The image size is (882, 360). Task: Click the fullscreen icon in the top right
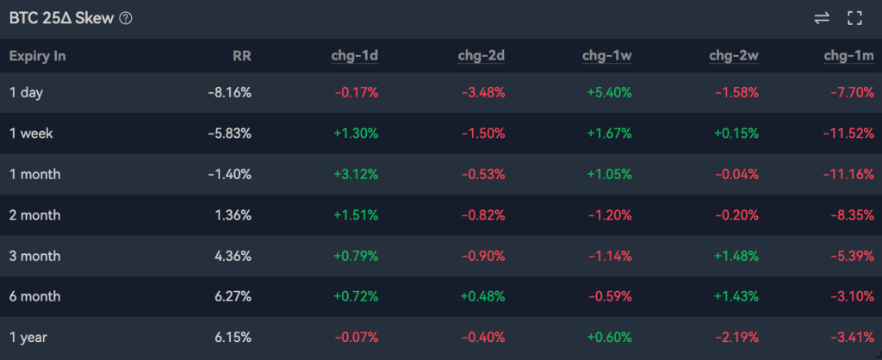[x=854, y=18]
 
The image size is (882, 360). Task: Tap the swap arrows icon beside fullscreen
[x=821, y=18]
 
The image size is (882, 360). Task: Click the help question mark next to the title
[x=126, y=18]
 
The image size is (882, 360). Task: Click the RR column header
[x=242, y=57]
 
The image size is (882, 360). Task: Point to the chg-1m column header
[x=848, y=57]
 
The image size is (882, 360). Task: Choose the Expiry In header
[x=38, y=57]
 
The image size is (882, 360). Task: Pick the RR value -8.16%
[x=229, y=92]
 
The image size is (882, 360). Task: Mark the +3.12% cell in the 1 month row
[x=355, y=174]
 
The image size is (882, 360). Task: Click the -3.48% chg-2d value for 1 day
[x=482, y=92]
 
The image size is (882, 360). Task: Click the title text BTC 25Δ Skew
[x=60, y=18]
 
